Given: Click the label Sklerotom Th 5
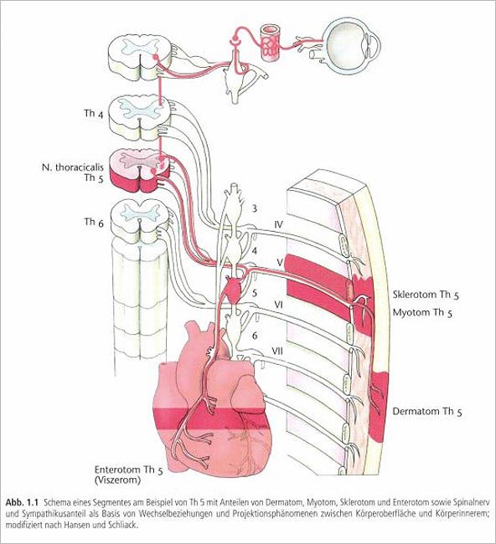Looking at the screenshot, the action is [426, 295].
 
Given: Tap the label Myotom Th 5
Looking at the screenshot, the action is [422, 313].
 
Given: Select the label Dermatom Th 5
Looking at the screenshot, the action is [427, 412].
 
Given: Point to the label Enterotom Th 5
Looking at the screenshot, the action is [128, 470].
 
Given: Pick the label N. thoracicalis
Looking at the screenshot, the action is [73, 167].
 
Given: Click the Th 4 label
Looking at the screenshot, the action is [94, 114].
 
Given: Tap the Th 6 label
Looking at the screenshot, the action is [94, 222].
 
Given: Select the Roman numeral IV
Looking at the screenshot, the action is [278, 225].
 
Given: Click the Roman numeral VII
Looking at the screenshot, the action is [276, 352].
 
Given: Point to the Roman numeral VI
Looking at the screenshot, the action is [278, 305].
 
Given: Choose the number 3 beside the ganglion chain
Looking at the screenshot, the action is [255, 208].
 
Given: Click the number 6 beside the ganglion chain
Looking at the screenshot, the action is [255, 336].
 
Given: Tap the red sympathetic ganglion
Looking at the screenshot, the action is [233, 287].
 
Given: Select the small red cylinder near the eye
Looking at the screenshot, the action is [270, 43].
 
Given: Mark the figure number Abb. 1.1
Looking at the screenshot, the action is [21, 503].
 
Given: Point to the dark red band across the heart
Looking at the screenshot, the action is [212, 418].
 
